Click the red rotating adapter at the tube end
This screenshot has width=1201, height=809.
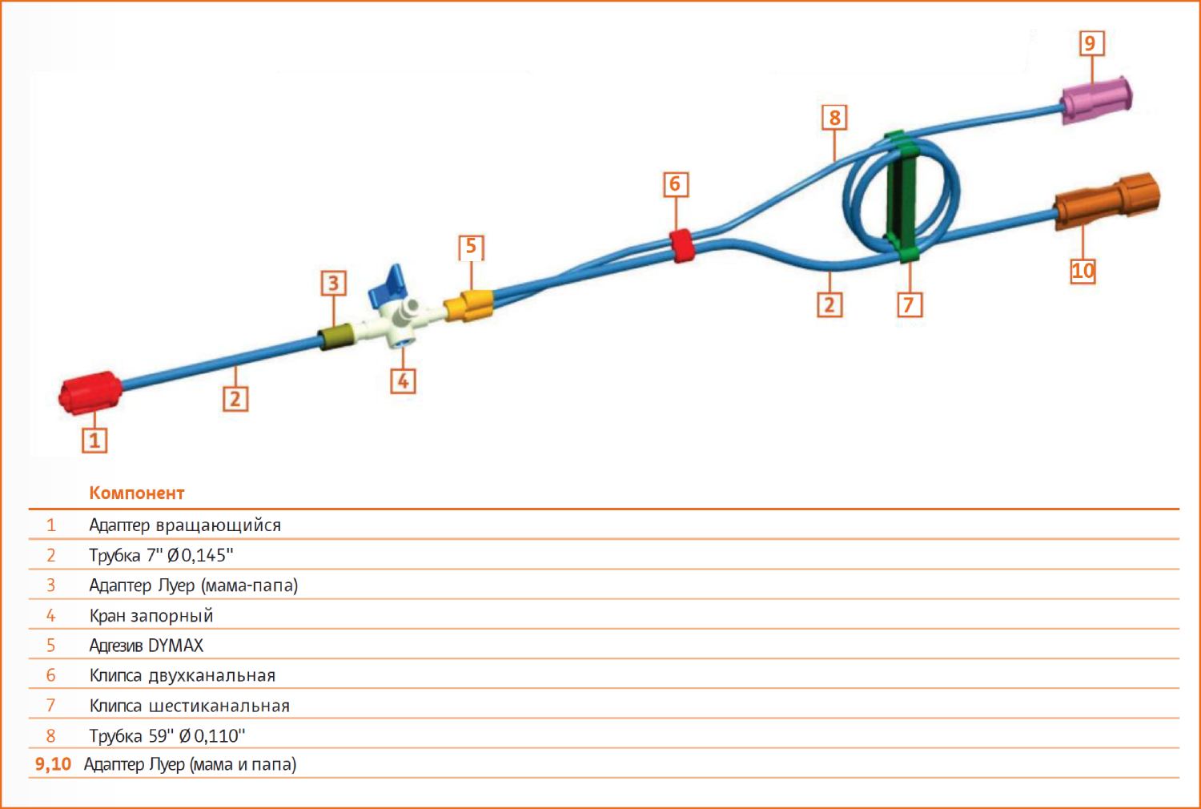pos(90,392)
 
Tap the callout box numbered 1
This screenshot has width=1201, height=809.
pos(94,441)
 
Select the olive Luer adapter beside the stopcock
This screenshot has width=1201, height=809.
pos(335,336)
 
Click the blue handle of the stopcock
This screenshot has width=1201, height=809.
pos(388,285)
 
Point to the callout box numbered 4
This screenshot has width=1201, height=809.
pos(403,381)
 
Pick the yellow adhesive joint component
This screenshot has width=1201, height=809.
pos(468,306)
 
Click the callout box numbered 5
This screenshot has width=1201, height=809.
pos(472,248)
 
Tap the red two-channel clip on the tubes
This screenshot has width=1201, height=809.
pos(682,245)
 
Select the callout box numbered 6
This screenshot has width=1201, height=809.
pos(676,184)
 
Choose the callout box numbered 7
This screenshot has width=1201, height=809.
pos(910,304)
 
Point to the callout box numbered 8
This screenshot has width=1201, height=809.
pos(834,118)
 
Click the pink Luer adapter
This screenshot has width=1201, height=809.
pos(1097,101)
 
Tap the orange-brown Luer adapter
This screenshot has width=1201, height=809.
pos(1107,201)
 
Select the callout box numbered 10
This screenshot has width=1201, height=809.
pos(1083,271)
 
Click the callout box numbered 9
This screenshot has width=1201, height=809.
pos(1091,43)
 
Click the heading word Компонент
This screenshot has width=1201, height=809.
pos(137,493)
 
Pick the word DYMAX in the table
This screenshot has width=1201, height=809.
pos(176,646)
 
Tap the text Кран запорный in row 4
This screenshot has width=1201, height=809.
pos(151,616)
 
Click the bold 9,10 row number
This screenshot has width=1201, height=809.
pos(53,764)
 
